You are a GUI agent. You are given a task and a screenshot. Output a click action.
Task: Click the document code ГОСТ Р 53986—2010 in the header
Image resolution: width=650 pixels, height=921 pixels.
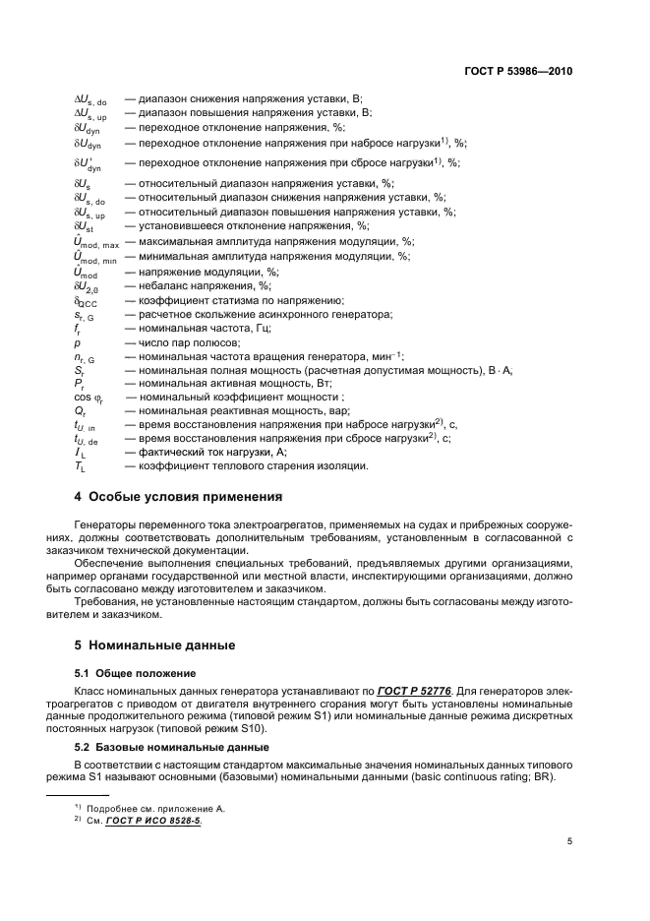518,72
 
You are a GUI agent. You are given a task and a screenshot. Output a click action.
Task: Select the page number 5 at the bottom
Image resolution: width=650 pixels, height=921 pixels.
569,840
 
